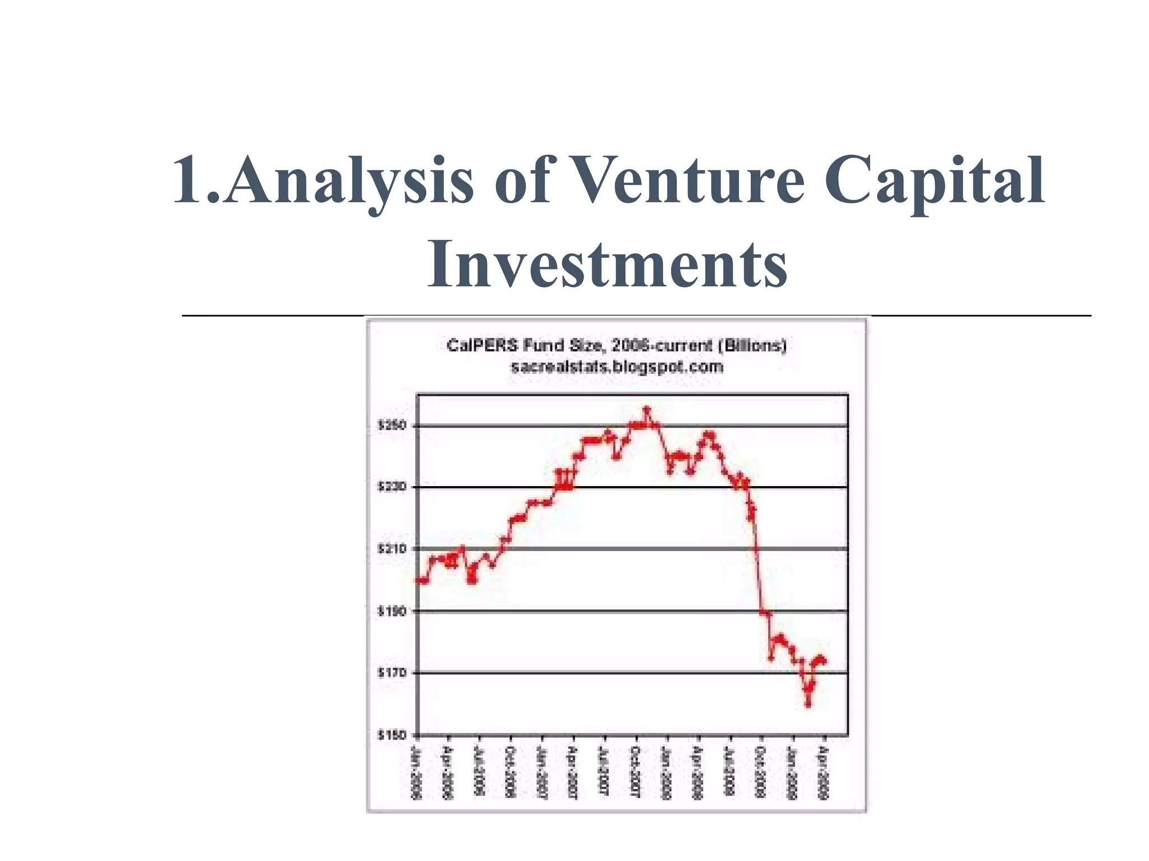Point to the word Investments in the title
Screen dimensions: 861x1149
pyautogui.click(x=607, y=263)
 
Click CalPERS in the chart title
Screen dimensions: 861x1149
pyautogui.click(x=482, y=345)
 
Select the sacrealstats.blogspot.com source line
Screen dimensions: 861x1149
pyautogui.click(x=617, y=367)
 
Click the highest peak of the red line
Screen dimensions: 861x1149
pyautogui.click(x=646, y=410)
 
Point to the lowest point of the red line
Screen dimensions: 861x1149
pyautogui.click(x=808, y=704)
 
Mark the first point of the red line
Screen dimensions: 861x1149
pyautogui.click(x=418, y=580)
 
